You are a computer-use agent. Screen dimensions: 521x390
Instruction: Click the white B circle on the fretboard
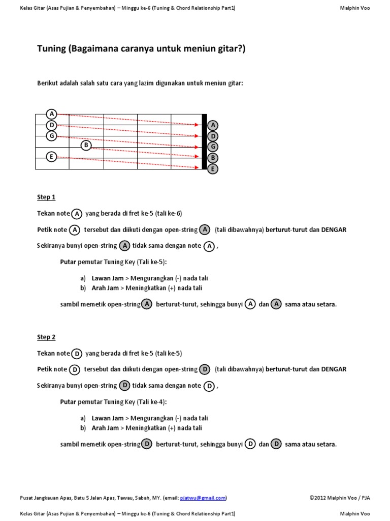86,146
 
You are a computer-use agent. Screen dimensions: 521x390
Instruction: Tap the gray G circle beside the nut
213,147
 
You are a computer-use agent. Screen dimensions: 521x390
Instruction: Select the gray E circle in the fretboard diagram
213,168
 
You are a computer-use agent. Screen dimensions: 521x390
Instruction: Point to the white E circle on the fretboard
51,157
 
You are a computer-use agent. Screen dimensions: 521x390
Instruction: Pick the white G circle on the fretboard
51,135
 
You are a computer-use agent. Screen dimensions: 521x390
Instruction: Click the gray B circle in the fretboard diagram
213,158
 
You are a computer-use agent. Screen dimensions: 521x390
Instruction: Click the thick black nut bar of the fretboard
204,142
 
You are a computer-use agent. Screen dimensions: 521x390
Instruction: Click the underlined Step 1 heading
46,197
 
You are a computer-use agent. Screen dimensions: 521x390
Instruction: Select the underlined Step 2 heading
46,337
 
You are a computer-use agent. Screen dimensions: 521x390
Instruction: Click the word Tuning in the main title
52,49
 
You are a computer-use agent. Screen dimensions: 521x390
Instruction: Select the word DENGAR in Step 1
334,229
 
